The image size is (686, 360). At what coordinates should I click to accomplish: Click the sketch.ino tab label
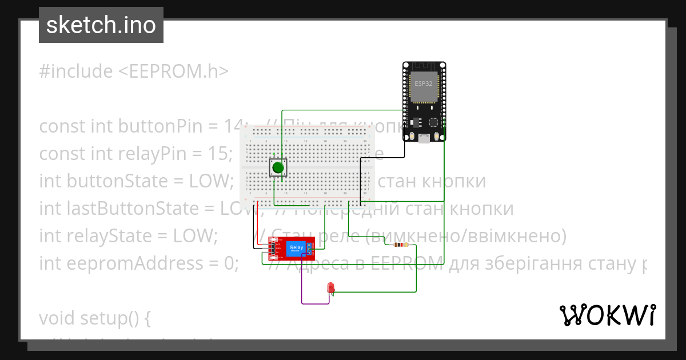pos(101,25)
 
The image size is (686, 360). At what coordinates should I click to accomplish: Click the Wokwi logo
pos(607,314)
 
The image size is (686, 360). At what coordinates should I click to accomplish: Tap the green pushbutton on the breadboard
pos(278,167)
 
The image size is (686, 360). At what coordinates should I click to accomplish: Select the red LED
pos(330,287)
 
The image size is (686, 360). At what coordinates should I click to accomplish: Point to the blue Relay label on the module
pos(297,246)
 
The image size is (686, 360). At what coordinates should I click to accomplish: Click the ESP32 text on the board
pos(424,83)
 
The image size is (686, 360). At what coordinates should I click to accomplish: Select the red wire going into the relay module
pos(258,223)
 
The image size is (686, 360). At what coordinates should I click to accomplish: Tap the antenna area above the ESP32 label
pos(424,69)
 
